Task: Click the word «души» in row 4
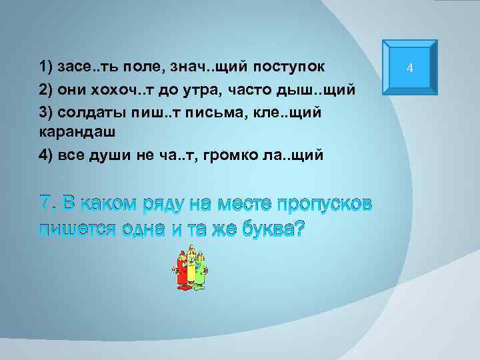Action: point(117,155)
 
